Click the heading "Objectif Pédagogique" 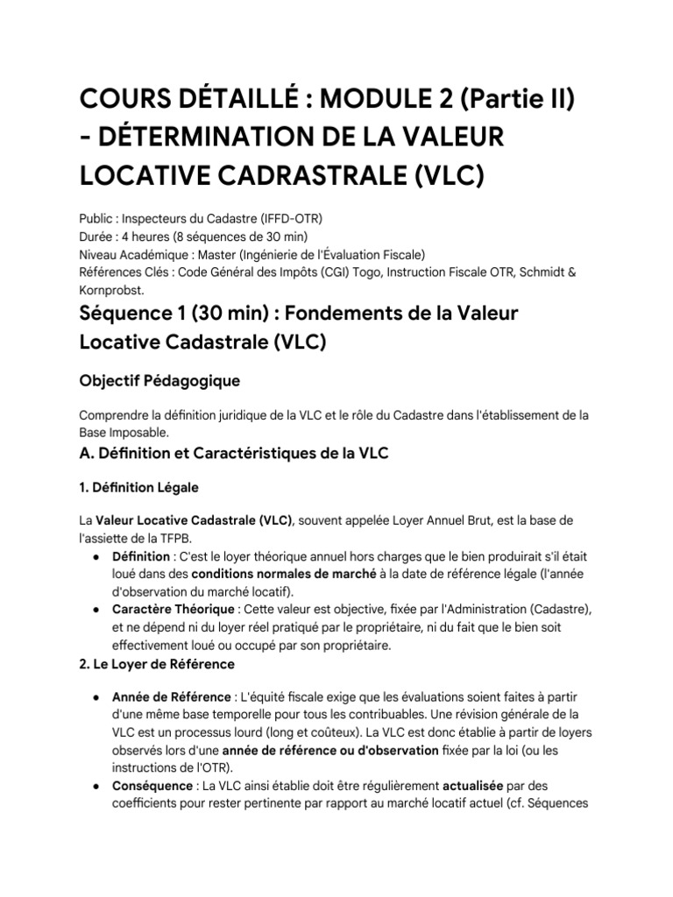click(x=159, y=382)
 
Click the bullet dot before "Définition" click(x=95, y=557)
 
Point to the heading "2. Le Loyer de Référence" click(x=157, y=664)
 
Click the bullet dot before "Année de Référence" click(x=95, y=697)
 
